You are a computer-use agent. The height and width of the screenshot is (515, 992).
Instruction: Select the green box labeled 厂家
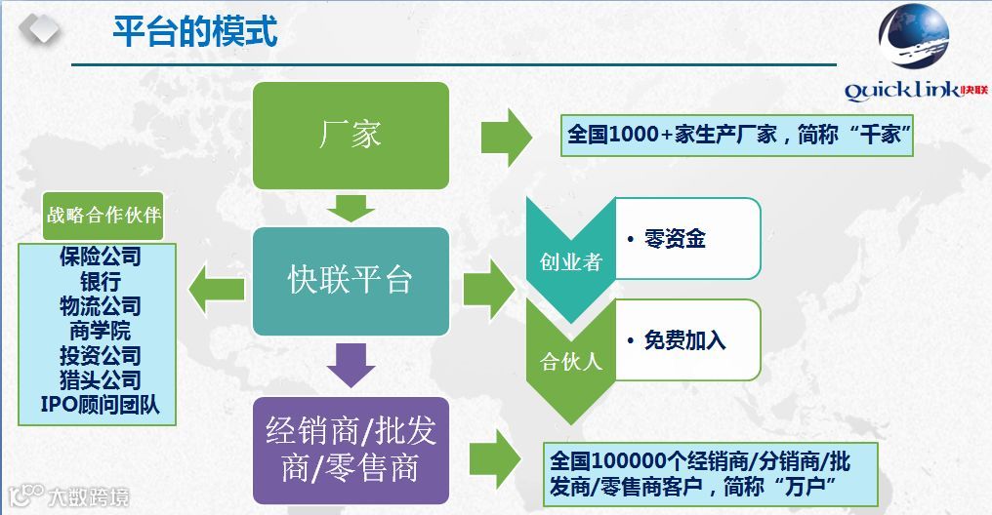pos(351,135)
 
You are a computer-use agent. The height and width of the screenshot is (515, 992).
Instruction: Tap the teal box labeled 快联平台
pos(351,281)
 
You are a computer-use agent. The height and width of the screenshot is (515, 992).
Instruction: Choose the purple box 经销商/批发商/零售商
pos(351,449)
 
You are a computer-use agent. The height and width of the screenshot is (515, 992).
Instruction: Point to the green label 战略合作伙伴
pos(103,216)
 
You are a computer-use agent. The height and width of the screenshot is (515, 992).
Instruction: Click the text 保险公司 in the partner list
pos(100,257)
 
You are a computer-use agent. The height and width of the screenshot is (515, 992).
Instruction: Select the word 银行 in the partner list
pos(100,281)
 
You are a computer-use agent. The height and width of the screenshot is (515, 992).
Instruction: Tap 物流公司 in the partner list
pos(100,305)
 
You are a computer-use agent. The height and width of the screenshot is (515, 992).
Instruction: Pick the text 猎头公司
pos(100,379)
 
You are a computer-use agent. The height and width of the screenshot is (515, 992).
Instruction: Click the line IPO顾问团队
pos(100,404)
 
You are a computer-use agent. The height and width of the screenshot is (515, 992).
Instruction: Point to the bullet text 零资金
pos(674,239)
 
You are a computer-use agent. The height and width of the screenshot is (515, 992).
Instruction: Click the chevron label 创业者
pos(570,262)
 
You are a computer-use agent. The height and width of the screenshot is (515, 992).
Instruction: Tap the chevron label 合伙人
pos(570,363)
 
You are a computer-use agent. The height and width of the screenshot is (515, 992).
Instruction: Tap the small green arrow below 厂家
pos(351,207)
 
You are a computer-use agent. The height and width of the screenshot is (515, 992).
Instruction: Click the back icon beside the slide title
pos(38,30)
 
